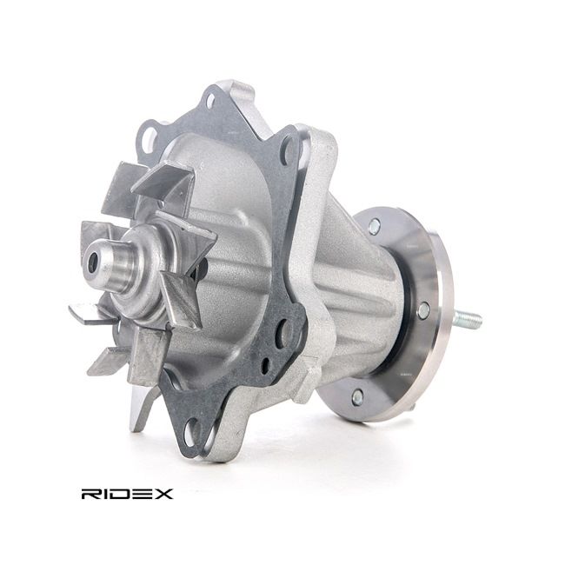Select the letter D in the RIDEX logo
click(120, 494)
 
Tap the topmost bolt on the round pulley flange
click(374, 226)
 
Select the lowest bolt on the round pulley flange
click(357, 397)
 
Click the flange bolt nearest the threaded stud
click(423, 310)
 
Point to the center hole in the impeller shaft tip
click(93, 262)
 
